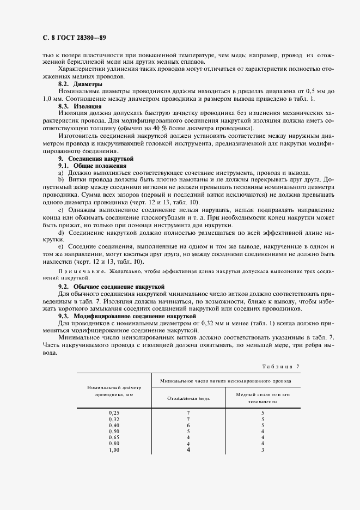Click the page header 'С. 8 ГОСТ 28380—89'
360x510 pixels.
click(66, 38)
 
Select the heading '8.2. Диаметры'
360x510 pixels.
click(80, 85)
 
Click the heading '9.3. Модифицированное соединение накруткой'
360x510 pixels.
click(126, 316)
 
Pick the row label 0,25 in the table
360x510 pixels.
click(114, 412)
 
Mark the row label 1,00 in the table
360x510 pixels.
click(114, 450)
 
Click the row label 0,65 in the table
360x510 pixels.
click(114, 437)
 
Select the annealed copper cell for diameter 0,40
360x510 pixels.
click(188, 425)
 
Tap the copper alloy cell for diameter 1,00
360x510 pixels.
click(263, 450)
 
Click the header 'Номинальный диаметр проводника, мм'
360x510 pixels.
click(114, 391)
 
